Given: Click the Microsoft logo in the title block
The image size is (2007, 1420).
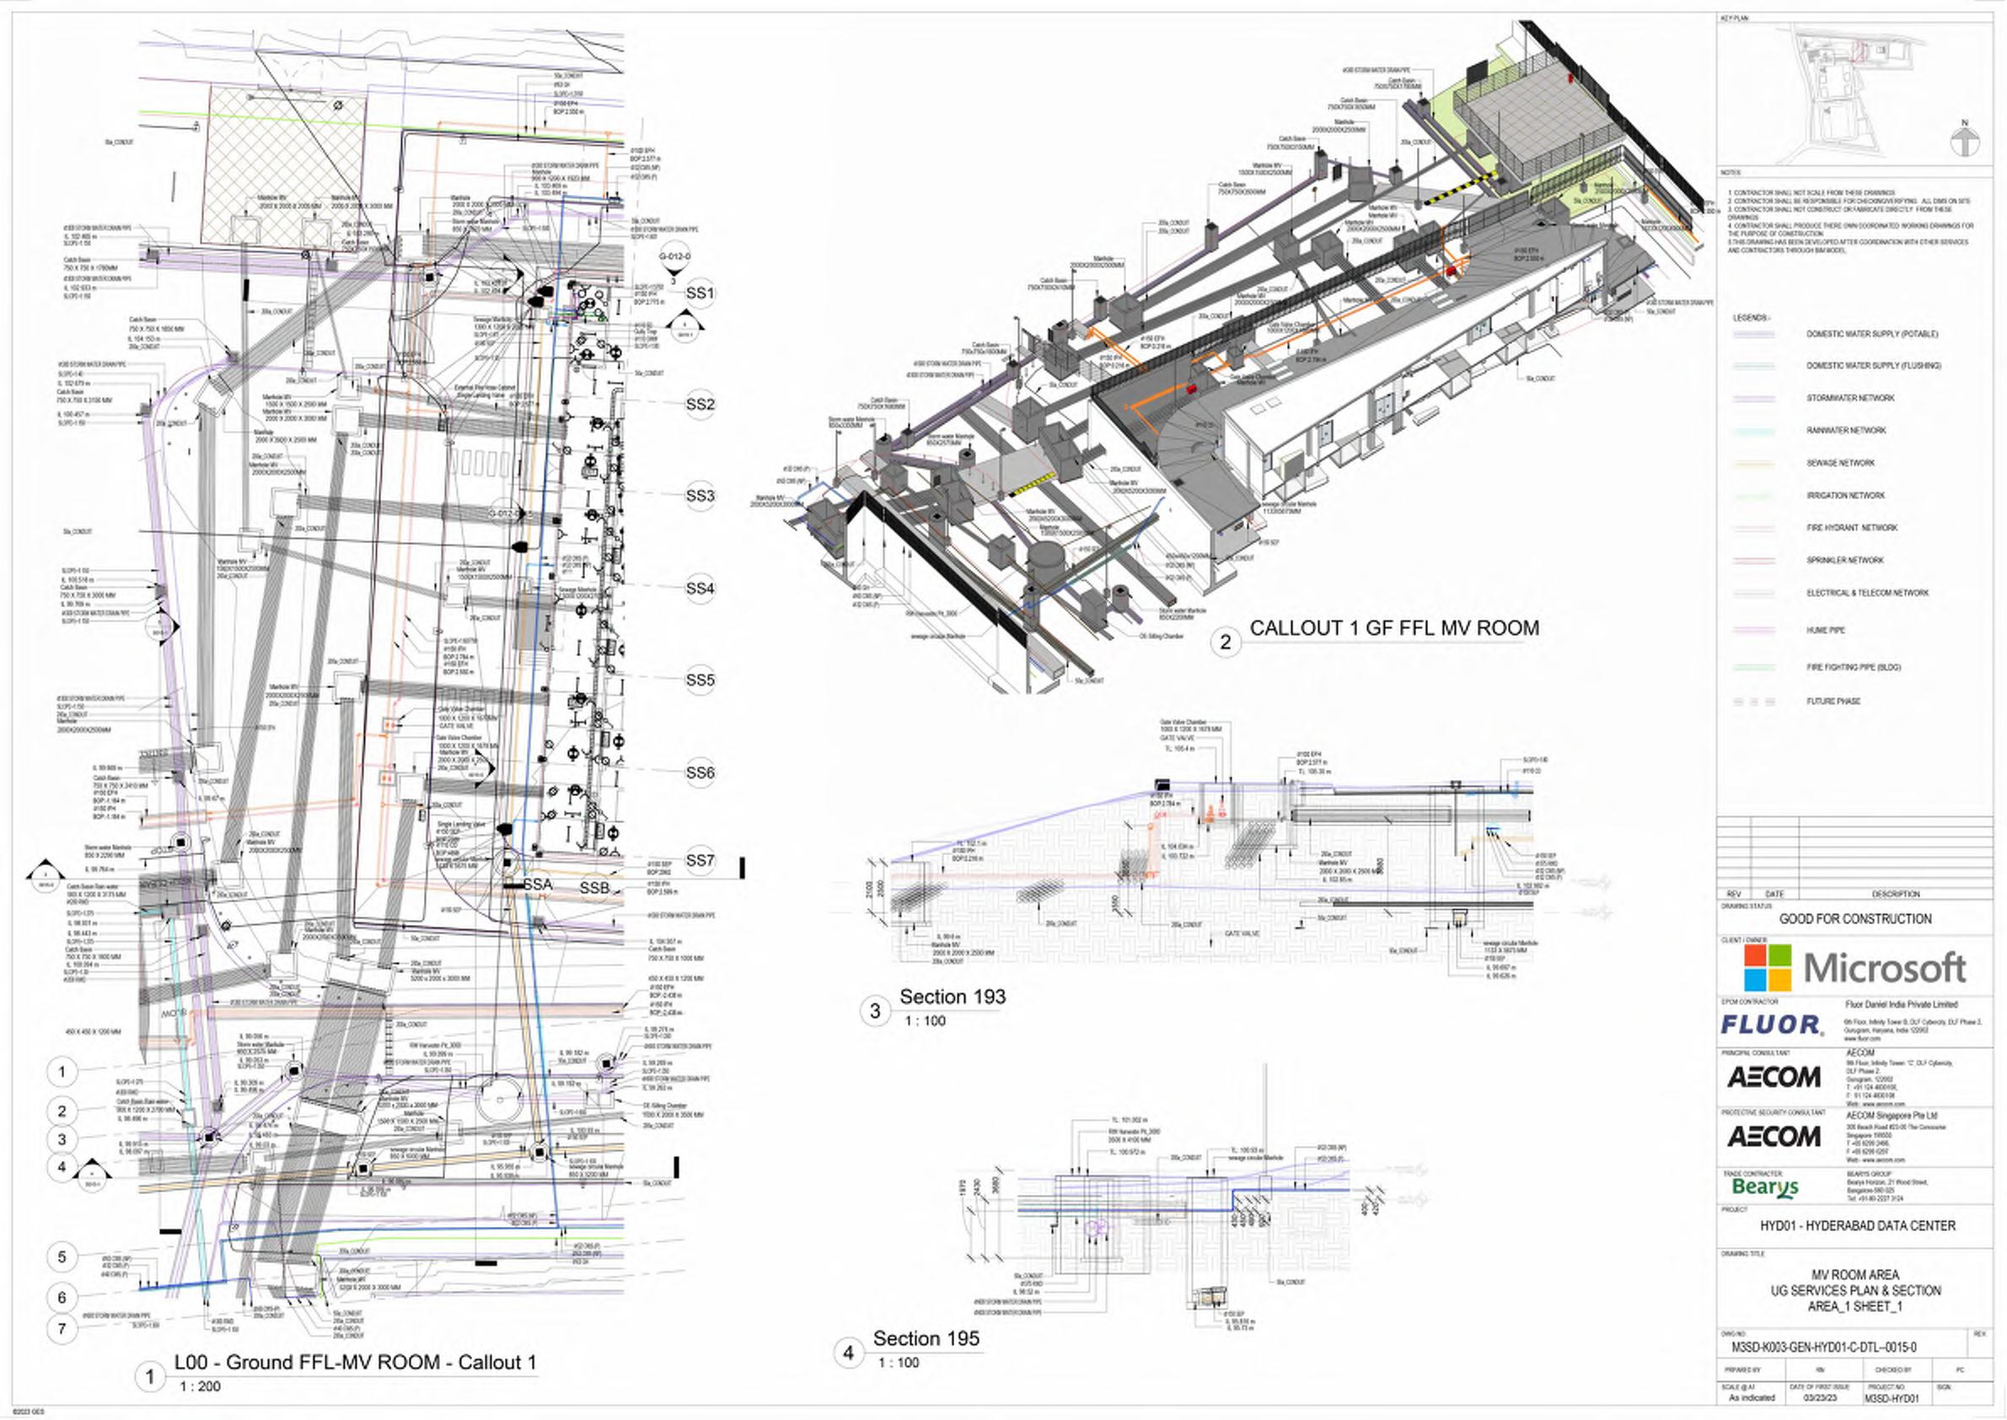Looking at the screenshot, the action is pyautogui.click(x=1854, y=968).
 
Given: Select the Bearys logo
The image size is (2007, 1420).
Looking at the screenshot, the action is pyautogui.click(x=1765, y=1186).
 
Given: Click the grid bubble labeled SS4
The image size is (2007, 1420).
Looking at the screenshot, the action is pyautogui.click(x=700, y=589).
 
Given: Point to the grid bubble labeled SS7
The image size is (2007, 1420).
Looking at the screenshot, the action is pyautogui.click(x=700, y=860).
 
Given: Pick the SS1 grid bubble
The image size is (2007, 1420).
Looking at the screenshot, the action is pyautogui.click(x=700, y=293).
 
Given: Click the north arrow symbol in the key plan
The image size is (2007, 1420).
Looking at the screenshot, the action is pyautogui.click(x=1964, y=142).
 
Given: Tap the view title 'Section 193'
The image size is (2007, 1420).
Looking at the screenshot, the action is pyautogui.click(x=953, y=997).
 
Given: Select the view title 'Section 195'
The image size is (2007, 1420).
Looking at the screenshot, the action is pyautogui.click(x=926, y=1339).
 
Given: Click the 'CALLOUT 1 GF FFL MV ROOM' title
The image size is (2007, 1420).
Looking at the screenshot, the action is pyautogui.click(x=1394, y=628).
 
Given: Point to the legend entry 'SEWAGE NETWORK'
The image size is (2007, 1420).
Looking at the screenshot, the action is pyautogui.click(x=1840, y=464).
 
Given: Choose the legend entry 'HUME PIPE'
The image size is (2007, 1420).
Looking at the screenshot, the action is pyautogui.click(x=1825, y=631).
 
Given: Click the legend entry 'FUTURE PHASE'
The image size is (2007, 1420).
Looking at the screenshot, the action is pyautogui.click(x=1834, y=702).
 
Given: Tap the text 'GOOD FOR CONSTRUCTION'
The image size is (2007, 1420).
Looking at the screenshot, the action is pyautogui.click(x=1855, y=919).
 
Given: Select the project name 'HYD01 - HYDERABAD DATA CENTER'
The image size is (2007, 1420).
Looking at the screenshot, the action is pyautogui.click(x=1858, y=1226).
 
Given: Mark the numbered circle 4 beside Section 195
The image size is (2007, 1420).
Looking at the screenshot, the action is pyautogui.click(x=848, y=1353).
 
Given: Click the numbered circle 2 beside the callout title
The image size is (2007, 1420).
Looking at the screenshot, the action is pyautogui.click(x=1226, y=642).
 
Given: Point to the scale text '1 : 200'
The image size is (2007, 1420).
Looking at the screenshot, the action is pyautogui.click(x=200, y=1386).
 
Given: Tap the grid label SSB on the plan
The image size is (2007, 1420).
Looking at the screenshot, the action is pyautogui.click(x=594, y=889).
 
